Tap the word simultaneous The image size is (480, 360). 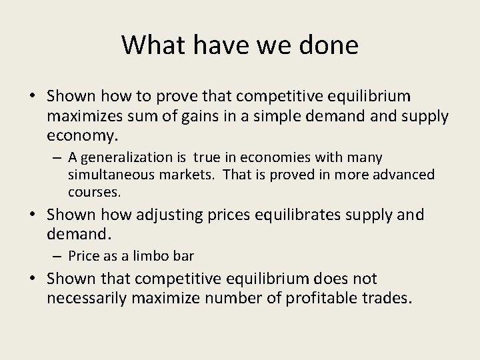[105, 175]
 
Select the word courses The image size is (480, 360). [94, 192]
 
